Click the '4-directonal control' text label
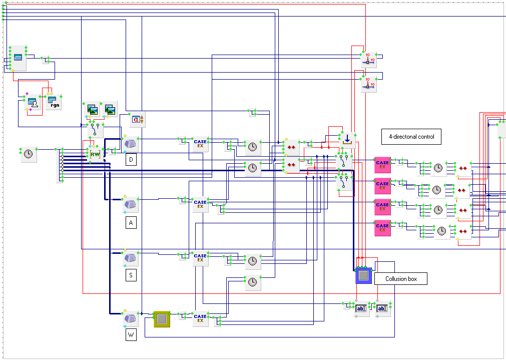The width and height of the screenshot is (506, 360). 411,137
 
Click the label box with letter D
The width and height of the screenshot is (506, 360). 131,160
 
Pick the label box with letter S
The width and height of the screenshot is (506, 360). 131,275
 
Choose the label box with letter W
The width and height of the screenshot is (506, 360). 131,335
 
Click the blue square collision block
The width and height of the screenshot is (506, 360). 363,275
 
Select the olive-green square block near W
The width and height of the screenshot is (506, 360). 162,318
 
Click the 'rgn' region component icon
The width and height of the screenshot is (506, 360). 53,102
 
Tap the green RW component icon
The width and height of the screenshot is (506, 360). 95,154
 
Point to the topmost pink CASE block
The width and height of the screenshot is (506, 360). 382,165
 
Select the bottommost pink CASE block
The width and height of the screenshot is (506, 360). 382,228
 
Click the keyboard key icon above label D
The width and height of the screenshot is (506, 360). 131,144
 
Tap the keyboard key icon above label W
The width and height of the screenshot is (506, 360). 131,318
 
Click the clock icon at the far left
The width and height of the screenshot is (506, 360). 29,154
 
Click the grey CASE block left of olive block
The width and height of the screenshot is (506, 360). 200,318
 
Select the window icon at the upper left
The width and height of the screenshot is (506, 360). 18,58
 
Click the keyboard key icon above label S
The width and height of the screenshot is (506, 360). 131,258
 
